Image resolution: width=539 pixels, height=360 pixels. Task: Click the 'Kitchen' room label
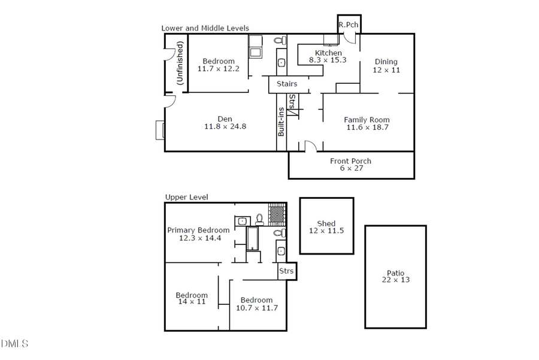(328, 53)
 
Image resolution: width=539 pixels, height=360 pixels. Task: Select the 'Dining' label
(386, 62)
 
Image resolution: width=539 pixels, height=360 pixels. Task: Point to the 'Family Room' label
(367, 119)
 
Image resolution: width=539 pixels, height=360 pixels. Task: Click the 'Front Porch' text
(350, 161)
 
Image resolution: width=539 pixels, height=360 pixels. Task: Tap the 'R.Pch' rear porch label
(348, 25)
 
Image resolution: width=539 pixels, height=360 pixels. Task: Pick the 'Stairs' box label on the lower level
(287, 84)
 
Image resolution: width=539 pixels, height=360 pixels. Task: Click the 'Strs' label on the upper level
(287, 271)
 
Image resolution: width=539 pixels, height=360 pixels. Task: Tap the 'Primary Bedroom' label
(198, 230)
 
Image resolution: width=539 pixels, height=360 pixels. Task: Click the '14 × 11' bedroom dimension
(191, 302)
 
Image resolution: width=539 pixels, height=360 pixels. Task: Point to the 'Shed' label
(326, 223)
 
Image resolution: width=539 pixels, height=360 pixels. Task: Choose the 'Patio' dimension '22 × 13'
(395, 280)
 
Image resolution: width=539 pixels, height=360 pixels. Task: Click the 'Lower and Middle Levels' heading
(205, 28)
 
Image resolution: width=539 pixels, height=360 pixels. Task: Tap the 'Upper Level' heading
(186, 197)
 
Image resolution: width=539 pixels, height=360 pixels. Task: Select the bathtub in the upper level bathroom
(253, 238)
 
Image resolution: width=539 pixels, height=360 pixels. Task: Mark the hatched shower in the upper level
(276, 213)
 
